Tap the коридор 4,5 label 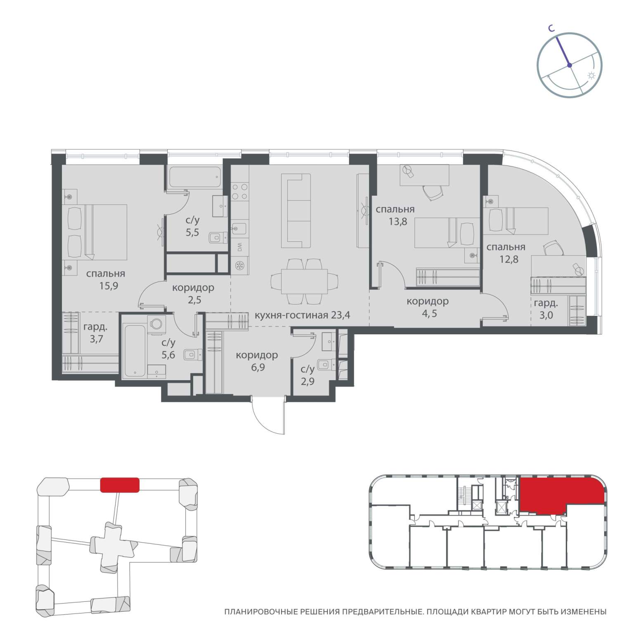pyautogui.click(x=428, y=307)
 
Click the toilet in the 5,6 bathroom pyautogui.click(x=193, y=355)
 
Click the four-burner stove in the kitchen pyautogui.click(x=240, y=192)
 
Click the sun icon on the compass pyautogui.click(x=591, y=76)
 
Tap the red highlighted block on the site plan pyautogui.click(x=120, y=485)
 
